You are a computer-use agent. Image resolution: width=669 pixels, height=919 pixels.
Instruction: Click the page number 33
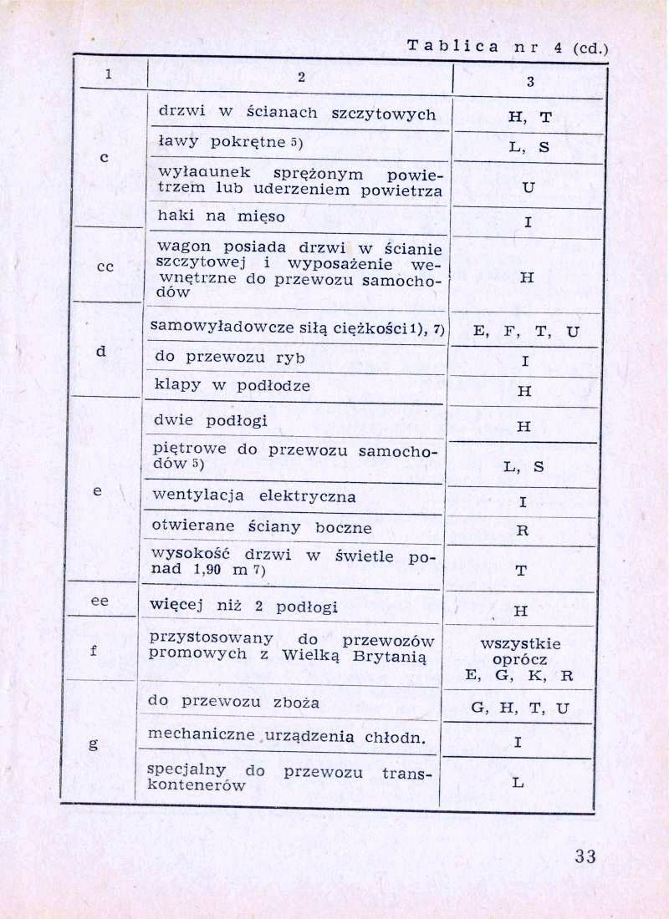coord(585,856)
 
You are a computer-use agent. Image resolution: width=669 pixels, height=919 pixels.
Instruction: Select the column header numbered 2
coord(300,77)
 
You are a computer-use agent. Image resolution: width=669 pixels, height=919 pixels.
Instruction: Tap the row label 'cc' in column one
coord(105,267)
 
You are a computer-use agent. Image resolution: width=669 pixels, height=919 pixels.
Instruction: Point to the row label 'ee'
coord(99,601)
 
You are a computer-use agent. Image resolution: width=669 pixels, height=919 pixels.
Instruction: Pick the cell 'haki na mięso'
coord(222,217)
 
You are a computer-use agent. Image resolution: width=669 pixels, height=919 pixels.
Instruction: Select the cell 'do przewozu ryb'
coord(227,358)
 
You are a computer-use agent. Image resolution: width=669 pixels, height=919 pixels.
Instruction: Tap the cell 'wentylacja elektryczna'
coord(254,496)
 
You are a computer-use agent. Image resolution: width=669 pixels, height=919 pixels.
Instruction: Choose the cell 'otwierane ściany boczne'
coord(262,528)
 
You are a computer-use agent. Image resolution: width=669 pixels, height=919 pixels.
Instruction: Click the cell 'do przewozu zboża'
coord(233,703)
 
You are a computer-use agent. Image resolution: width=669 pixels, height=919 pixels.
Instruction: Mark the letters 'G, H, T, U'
coord(520,709)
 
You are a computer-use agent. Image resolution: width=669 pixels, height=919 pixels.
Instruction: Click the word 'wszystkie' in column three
coord(521,644)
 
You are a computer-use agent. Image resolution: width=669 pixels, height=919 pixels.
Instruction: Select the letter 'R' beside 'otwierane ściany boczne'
coord(523,530)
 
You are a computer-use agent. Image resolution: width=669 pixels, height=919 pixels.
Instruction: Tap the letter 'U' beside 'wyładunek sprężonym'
coord(527,188)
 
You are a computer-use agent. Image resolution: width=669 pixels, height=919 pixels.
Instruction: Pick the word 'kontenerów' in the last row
coord(196,786)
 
